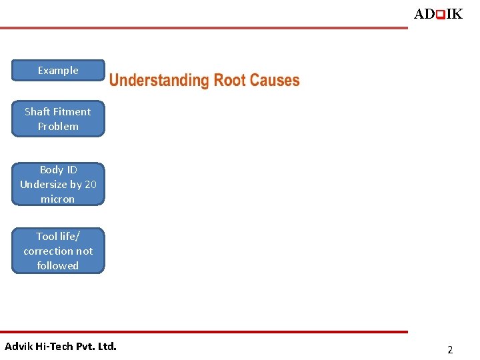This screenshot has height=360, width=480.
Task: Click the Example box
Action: click(x=58, y=70)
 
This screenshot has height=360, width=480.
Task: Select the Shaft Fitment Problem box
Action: click(x=58, y=119)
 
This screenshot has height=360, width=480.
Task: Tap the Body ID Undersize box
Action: click(x=58, y=184)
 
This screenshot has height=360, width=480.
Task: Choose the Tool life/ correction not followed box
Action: click(x=58, y=251)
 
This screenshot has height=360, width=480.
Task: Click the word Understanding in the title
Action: click(x=159, y=81)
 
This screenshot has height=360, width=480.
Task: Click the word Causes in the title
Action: click(x=275, y=81)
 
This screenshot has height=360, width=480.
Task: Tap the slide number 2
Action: click(x=450, y=349)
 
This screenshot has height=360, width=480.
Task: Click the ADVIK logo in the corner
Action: click(x=437, y=14)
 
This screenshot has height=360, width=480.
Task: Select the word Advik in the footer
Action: click(x=18, y=346)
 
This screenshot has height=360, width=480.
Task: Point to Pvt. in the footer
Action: click(x=85, y=346)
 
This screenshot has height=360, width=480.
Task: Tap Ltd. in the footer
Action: click(x=107, y=346)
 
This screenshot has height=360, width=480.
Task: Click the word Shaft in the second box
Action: click(x=38, y=111)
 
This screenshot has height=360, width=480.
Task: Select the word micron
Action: click(x=58, y=199)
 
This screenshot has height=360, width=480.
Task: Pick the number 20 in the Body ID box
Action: click(x=90, y=184)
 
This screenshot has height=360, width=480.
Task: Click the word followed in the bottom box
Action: click(x=58, y=265)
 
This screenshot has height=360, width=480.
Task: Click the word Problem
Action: click(x=58, y=126)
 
